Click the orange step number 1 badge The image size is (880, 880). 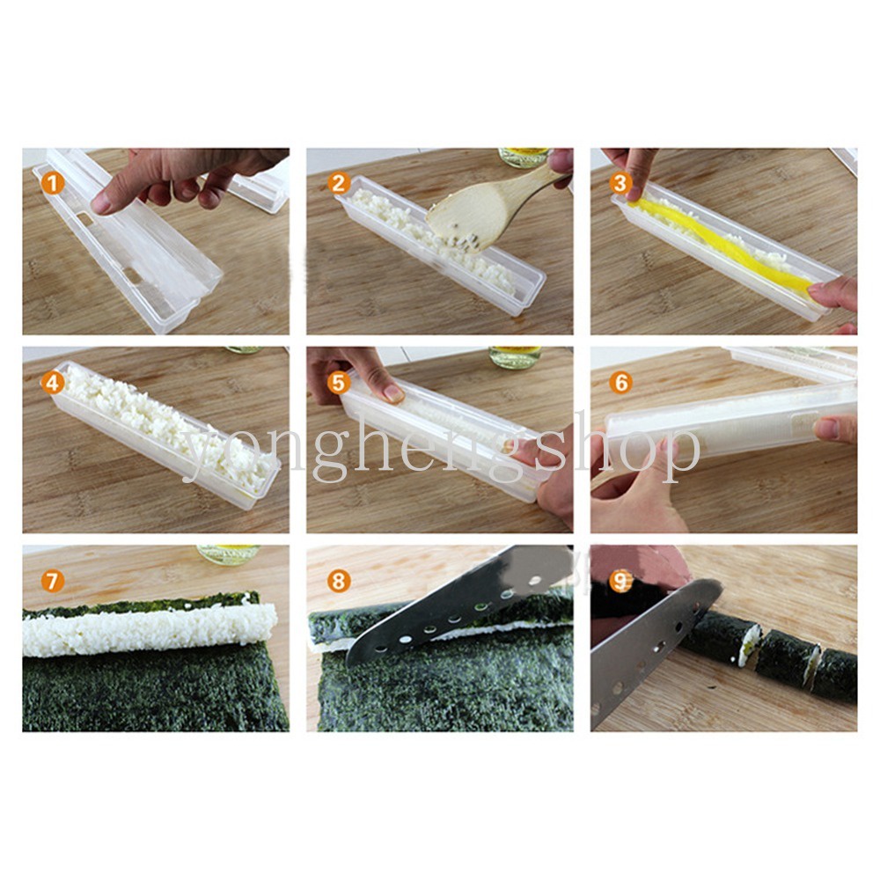click(x=52, y=184)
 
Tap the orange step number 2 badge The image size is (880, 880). click(x=338, y=184)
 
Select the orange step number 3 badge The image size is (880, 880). click(x=620, y=183)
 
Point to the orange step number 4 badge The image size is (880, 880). click(x=52, y=384)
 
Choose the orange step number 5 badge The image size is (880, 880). click(x=338, y=384)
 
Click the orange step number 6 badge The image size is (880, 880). click(x=620, y=384)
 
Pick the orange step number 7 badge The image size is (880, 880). click(x=52, y=582)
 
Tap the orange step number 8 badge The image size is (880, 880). click(x=338, y=582)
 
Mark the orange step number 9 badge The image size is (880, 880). click(x=620, y=582)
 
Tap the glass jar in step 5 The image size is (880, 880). click(x=515, y=356)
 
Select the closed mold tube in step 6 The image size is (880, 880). click(x=730, y=428)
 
